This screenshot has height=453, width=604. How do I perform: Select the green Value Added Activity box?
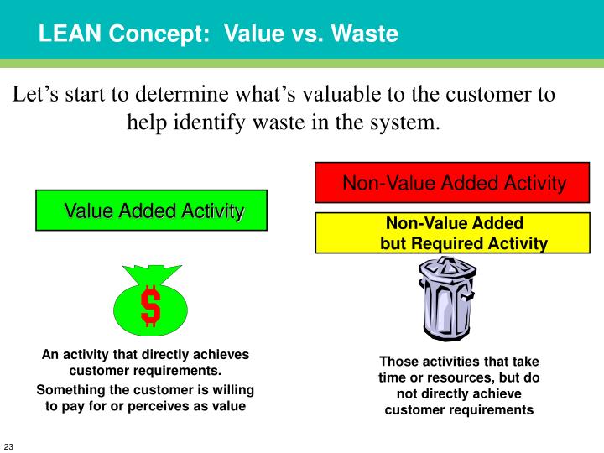151,211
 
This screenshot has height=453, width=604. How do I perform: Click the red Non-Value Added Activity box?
453,182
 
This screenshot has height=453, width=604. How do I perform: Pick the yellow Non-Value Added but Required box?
453,233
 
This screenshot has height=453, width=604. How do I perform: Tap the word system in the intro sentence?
405,122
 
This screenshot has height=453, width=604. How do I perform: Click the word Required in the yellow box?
459,244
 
